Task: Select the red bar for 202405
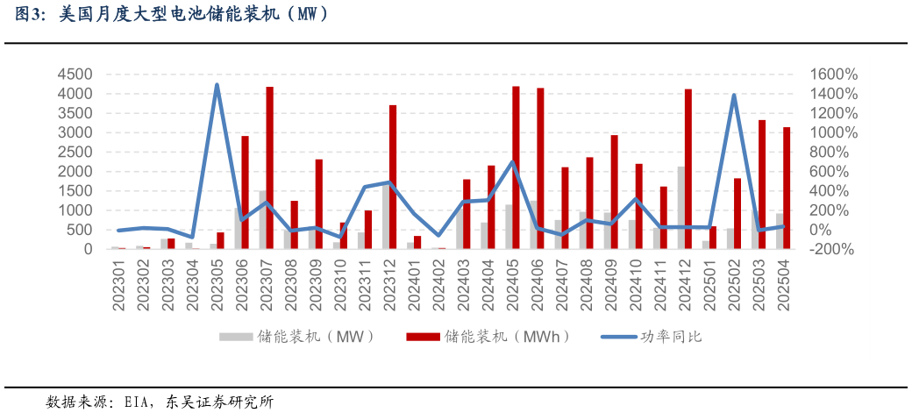[516, 167]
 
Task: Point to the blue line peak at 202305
[217, 85]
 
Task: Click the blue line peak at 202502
[733, 96]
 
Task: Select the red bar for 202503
[762, 184]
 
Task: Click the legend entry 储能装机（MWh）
[488, 336]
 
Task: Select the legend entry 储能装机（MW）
[297, 336]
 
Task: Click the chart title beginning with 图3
[166, 15]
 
